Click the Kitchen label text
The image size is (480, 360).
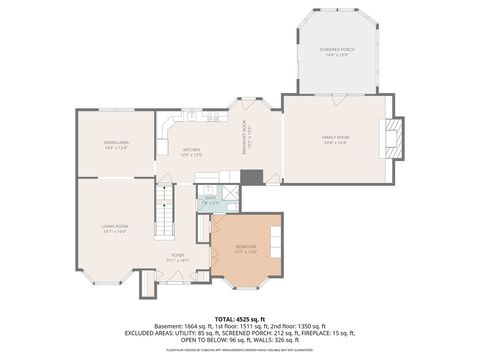click(x=191, y=152)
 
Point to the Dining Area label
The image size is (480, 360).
click(x=116, y=145)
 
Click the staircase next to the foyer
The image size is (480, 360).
click(x=164, y=212)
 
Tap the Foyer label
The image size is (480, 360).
click(x=177, y=257)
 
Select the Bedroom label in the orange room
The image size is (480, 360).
click(x=245, y=248)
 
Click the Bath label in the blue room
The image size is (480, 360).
click(x=211, y=200)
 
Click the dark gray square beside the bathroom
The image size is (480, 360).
click(x=252, y=177)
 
